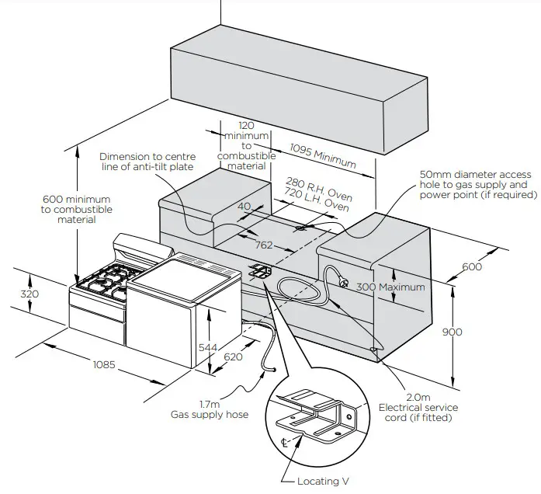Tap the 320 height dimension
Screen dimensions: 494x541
click(x=28, y=294)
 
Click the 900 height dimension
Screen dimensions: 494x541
click(x=452, y=332)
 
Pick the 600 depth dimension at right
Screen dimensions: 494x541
click(x=471, y=267)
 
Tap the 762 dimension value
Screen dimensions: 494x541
click(x=264, y=245)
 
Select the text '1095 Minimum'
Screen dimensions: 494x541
click(x=323, y=155)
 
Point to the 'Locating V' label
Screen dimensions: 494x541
click(x=318, y=482)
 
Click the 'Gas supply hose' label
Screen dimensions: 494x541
click(x=210, y=409)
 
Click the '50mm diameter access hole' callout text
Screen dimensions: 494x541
click(x=473, y=185)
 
